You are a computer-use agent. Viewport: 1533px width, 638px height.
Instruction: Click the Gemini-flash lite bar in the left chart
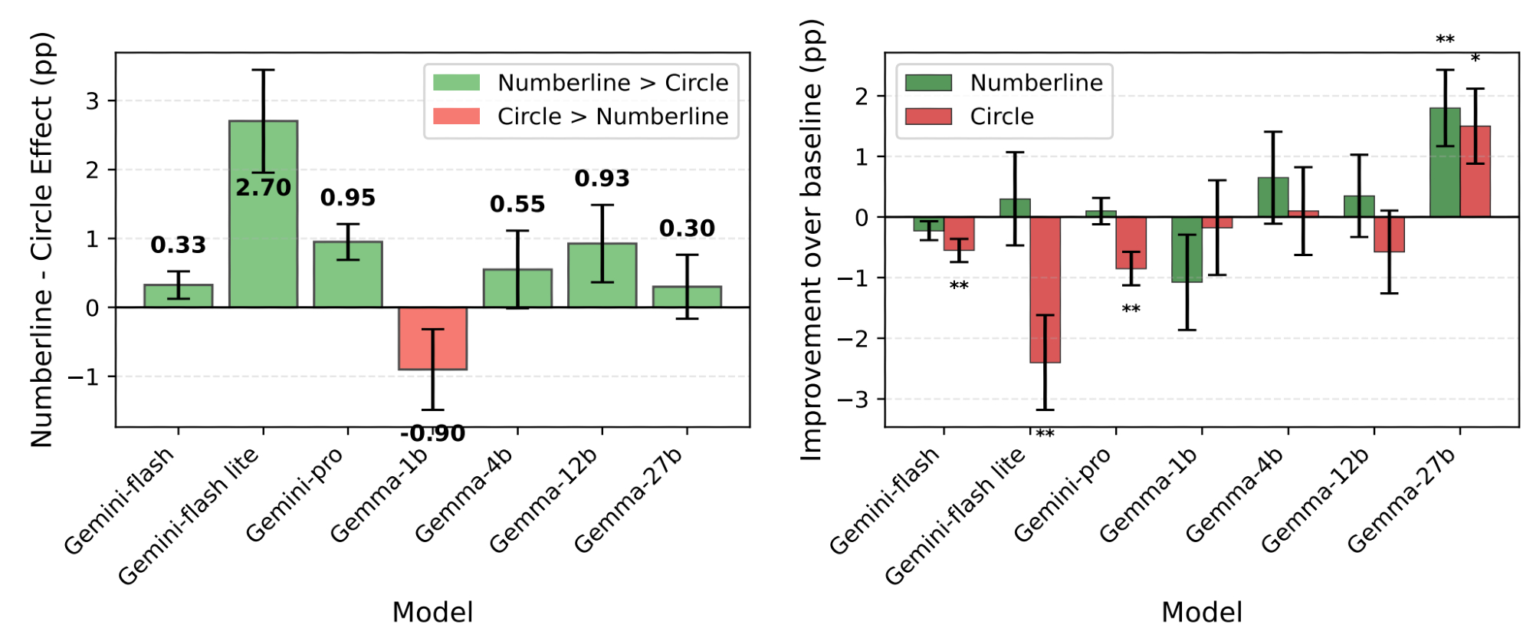(263, 230)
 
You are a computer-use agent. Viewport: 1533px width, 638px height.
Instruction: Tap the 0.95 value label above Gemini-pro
(348, 198)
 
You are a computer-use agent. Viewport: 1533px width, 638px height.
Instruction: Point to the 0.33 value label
(178, 245)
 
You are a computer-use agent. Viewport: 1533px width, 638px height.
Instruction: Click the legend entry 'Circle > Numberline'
(612, 117)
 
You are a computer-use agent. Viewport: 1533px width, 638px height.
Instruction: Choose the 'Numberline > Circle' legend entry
(612, 83)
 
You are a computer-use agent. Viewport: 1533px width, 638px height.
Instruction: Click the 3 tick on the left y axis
(93, 101)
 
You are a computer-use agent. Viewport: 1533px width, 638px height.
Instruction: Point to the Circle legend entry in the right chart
(1001, 117)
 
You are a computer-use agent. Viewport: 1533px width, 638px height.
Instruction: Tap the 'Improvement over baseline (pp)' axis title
(811, 239)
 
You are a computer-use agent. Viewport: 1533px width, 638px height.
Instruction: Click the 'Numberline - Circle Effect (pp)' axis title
(41, 239)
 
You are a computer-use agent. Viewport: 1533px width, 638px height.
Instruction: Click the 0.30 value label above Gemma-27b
(687, 229)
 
